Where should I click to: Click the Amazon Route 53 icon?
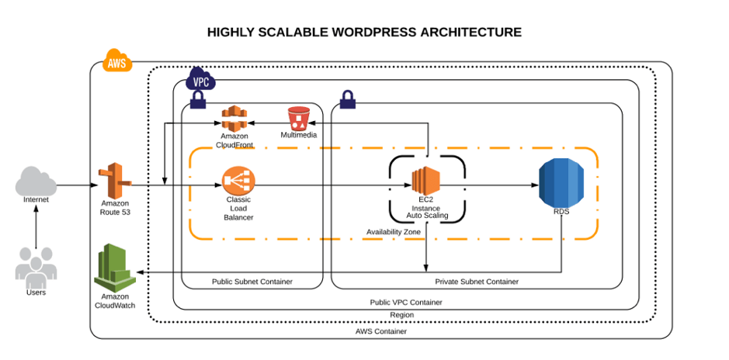(115, 182)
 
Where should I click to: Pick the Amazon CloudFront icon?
(234, 119)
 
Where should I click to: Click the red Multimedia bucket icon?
(299, 119)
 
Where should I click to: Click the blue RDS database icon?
(561, 183)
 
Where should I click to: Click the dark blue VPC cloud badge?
(201, 81)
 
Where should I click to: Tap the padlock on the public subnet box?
(197, 99)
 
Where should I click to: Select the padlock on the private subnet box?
(347, 99)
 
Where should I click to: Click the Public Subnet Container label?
(252, 282)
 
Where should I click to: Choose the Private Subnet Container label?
(477, 282)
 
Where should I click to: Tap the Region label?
(402, 314)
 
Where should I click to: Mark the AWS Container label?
(380, 331)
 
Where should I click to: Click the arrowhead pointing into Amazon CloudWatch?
(140, 272)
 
